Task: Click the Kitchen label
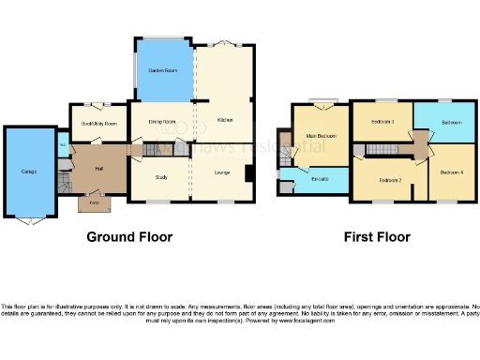tap(225, 120)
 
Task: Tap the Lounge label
tap(222, 172)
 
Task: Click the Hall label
tap(98, 168)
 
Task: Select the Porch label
tap(94, 202)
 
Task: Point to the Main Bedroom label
tap(321, 137)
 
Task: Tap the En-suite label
tap(319, 179)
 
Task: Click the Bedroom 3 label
tap(382, 123)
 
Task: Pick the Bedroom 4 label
tap(452, 171)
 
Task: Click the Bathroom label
tap(452, 123)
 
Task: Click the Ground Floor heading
tap(129, 237)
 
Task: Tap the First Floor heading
tap(378, 237)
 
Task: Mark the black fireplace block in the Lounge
tap(247, 173)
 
